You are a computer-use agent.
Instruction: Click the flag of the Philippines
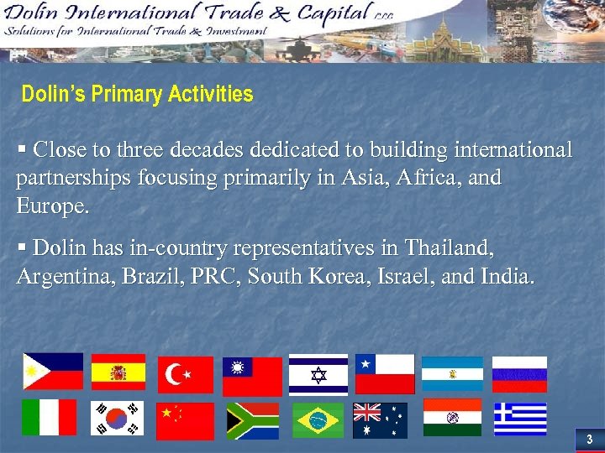pos(53,372)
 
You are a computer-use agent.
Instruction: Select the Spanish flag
pos(118,372)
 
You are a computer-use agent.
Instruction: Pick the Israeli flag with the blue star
pos(318,374)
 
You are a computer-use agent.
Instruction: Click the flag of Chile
pos(385,373)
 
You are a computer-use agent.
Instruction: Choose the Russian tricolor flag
pos(519,374)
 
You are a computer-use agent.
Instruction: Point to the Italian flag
pos(49,417)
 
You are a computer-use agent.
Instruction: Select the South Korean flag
pos(118,418)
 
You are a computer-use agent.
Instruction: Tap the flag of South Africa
pos(252,420)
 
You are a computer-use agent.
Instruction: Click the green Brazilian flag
pos(318,420)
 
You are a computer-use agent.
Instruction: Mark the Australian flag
pos(380,420)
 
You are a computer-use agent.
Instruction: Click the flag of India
pos(452,417)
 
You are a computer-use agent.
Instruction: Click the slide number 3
pos(589,440)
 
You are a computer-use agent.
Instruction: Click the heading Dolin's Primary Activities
pos(137,94)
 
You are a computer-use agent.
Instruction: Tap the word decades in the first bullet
pos(205,150)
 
